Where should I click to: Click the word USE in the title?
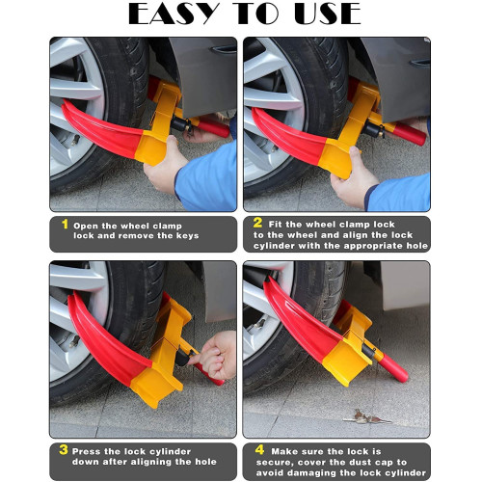tap(328, 13)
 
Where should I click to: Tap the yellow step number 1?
tap(66, 224)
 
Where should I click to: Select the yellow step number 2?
tap(257, 223)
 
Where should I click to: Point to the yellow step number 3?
tap(64, 449)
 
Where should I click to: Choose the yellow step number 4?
tap(259, 449)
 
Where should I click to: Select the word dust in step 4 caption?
tap(361, 463)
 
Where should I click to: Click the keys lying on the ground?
tap(367, 417)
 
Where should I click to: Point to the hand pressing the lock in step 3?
tap(215, 355)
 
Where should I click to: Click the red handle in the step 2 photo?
tap(410, 134)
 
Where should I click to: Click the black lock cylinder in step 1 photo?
tap(180, 124)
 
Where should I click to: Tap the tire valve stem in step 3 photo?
tap(74, 341)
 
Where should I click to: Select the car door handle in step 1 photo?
tap(224, 49)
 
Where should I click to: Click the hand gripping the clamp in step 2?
tap(353, 179)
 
